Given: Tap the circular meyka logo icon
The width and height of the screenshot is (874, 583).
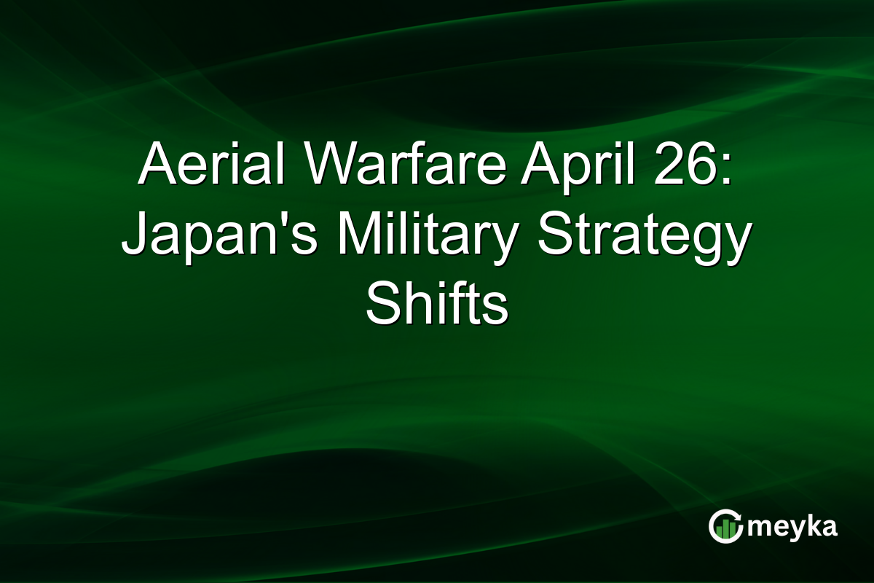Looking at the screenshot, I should (725, 527).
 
